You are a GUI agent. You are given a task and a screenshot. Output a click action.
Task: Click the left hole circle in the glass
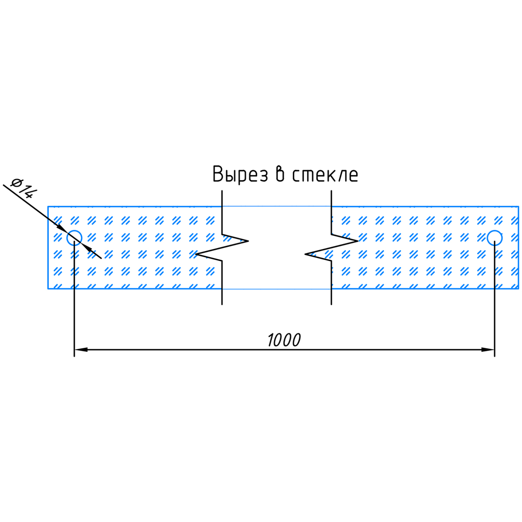point(74,238)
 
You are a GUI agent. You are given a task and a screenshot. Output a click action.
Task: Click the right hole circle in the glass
point(495,238)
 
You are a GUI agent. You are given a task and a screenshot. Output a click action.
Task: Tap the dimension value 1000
point(284,340)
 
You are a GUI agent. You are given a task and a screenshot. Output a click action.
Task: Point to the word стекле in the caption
point(325,174)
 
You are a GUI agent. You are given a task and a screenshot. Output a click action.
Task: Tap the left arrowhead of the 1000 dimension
point(80,349)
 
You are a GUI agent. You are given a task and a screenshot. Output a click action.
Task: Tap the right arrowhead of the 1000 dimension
point(489,349)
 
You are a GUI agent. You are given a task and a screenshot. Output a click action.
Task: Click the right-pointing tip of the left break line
point(248,241)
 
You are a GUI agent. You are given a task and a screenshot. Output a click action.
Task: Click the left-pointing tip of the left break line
point(196,254)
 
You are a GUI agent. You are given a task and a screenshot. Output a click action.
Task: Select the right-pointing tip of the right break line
point(358,241)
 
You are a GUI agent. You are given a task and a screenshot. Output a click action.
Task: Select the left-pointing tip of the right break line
point(305,254)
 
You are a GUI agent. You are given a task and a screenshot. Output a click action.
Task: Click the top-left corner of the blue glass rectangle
point(48,206)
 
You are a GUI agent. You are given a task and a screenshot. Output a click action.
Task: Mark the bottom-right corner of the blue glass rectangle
point(519,288)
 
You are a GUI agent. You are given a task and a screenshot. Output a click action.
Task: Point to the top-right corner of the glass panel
point(519,206)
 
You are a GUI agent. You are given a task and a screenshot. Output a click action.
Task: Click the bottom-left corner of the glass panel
point(48,288)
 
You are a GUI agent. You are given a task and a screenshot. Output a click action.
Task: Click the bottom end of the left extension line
point(74,356)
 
